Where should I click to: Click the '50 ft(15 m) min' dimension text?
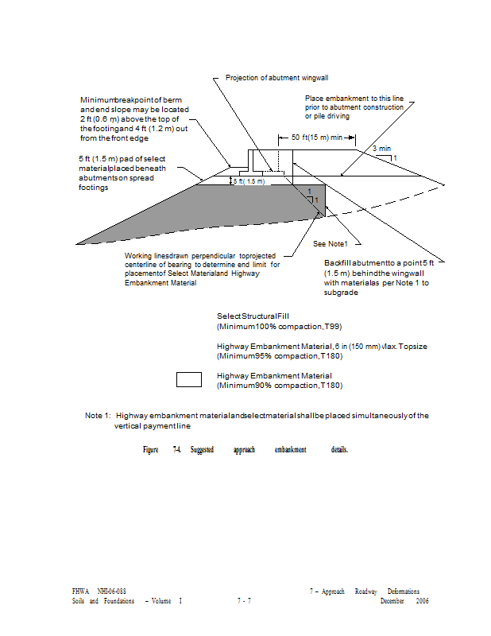316,138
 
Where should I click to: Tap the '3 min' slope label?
381,149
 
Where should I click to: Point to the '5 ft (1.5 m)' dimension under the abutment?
249,182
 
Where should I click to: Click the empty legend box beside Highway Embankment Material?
189,378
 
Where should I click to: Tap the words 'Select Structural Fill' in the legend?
253,316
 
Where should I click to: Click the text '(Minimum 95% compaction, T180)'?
268,355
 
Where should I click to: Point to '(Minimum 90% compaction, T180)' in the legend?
268,385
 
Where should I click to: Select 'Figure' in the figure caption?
150,450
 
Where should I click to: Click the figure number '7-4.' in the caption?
176,450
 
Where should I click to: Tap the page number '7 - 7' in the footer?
244,601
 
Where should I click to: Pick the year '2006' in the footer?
422,601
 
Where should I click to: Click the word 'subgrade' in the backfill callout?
342,293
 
